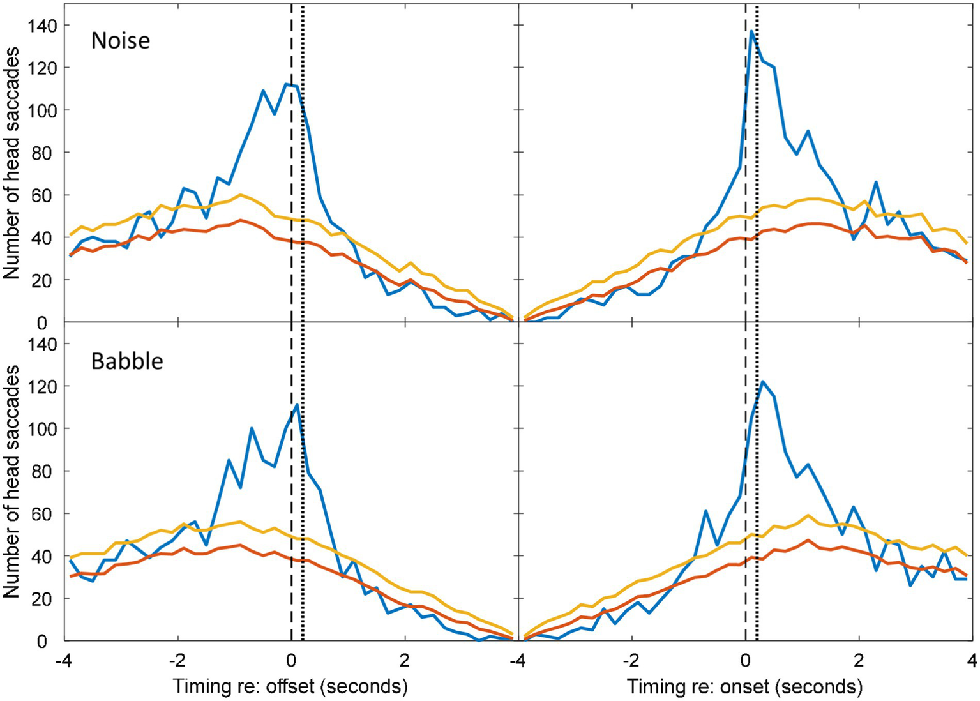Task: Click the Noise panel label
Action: (x=121, y=41)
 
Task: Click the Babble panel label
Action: (x=127, y=361)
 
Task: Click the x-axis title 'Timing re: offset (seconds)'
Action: (x=290, y=686)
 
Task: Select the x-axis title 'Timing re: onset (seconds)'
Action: (x=744, y=686)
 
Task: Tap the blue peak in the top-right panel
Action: (x=752, y=31)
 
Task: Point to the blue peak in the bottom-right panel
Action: (x=763, y=382)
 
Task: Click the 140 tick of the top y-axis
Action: (x=42, y=26)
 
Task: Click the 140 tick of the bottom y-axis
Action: (x=42, y=344)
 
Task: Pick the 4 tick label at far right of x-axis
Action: (x=971, y=660)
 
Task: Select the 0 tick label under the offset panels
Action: (x=291, y=660)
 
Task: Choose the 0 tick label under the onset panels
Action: (x=745, y=660)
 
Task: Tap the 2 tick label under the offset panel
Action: (x=405, y=660)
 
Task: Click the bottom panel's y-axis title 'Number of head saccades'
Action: (x=11, y=482)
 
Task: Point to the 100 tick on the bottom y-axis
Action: (x=42, y=429)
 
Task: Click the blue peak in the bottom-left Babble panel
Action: (x=298, y=404)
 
